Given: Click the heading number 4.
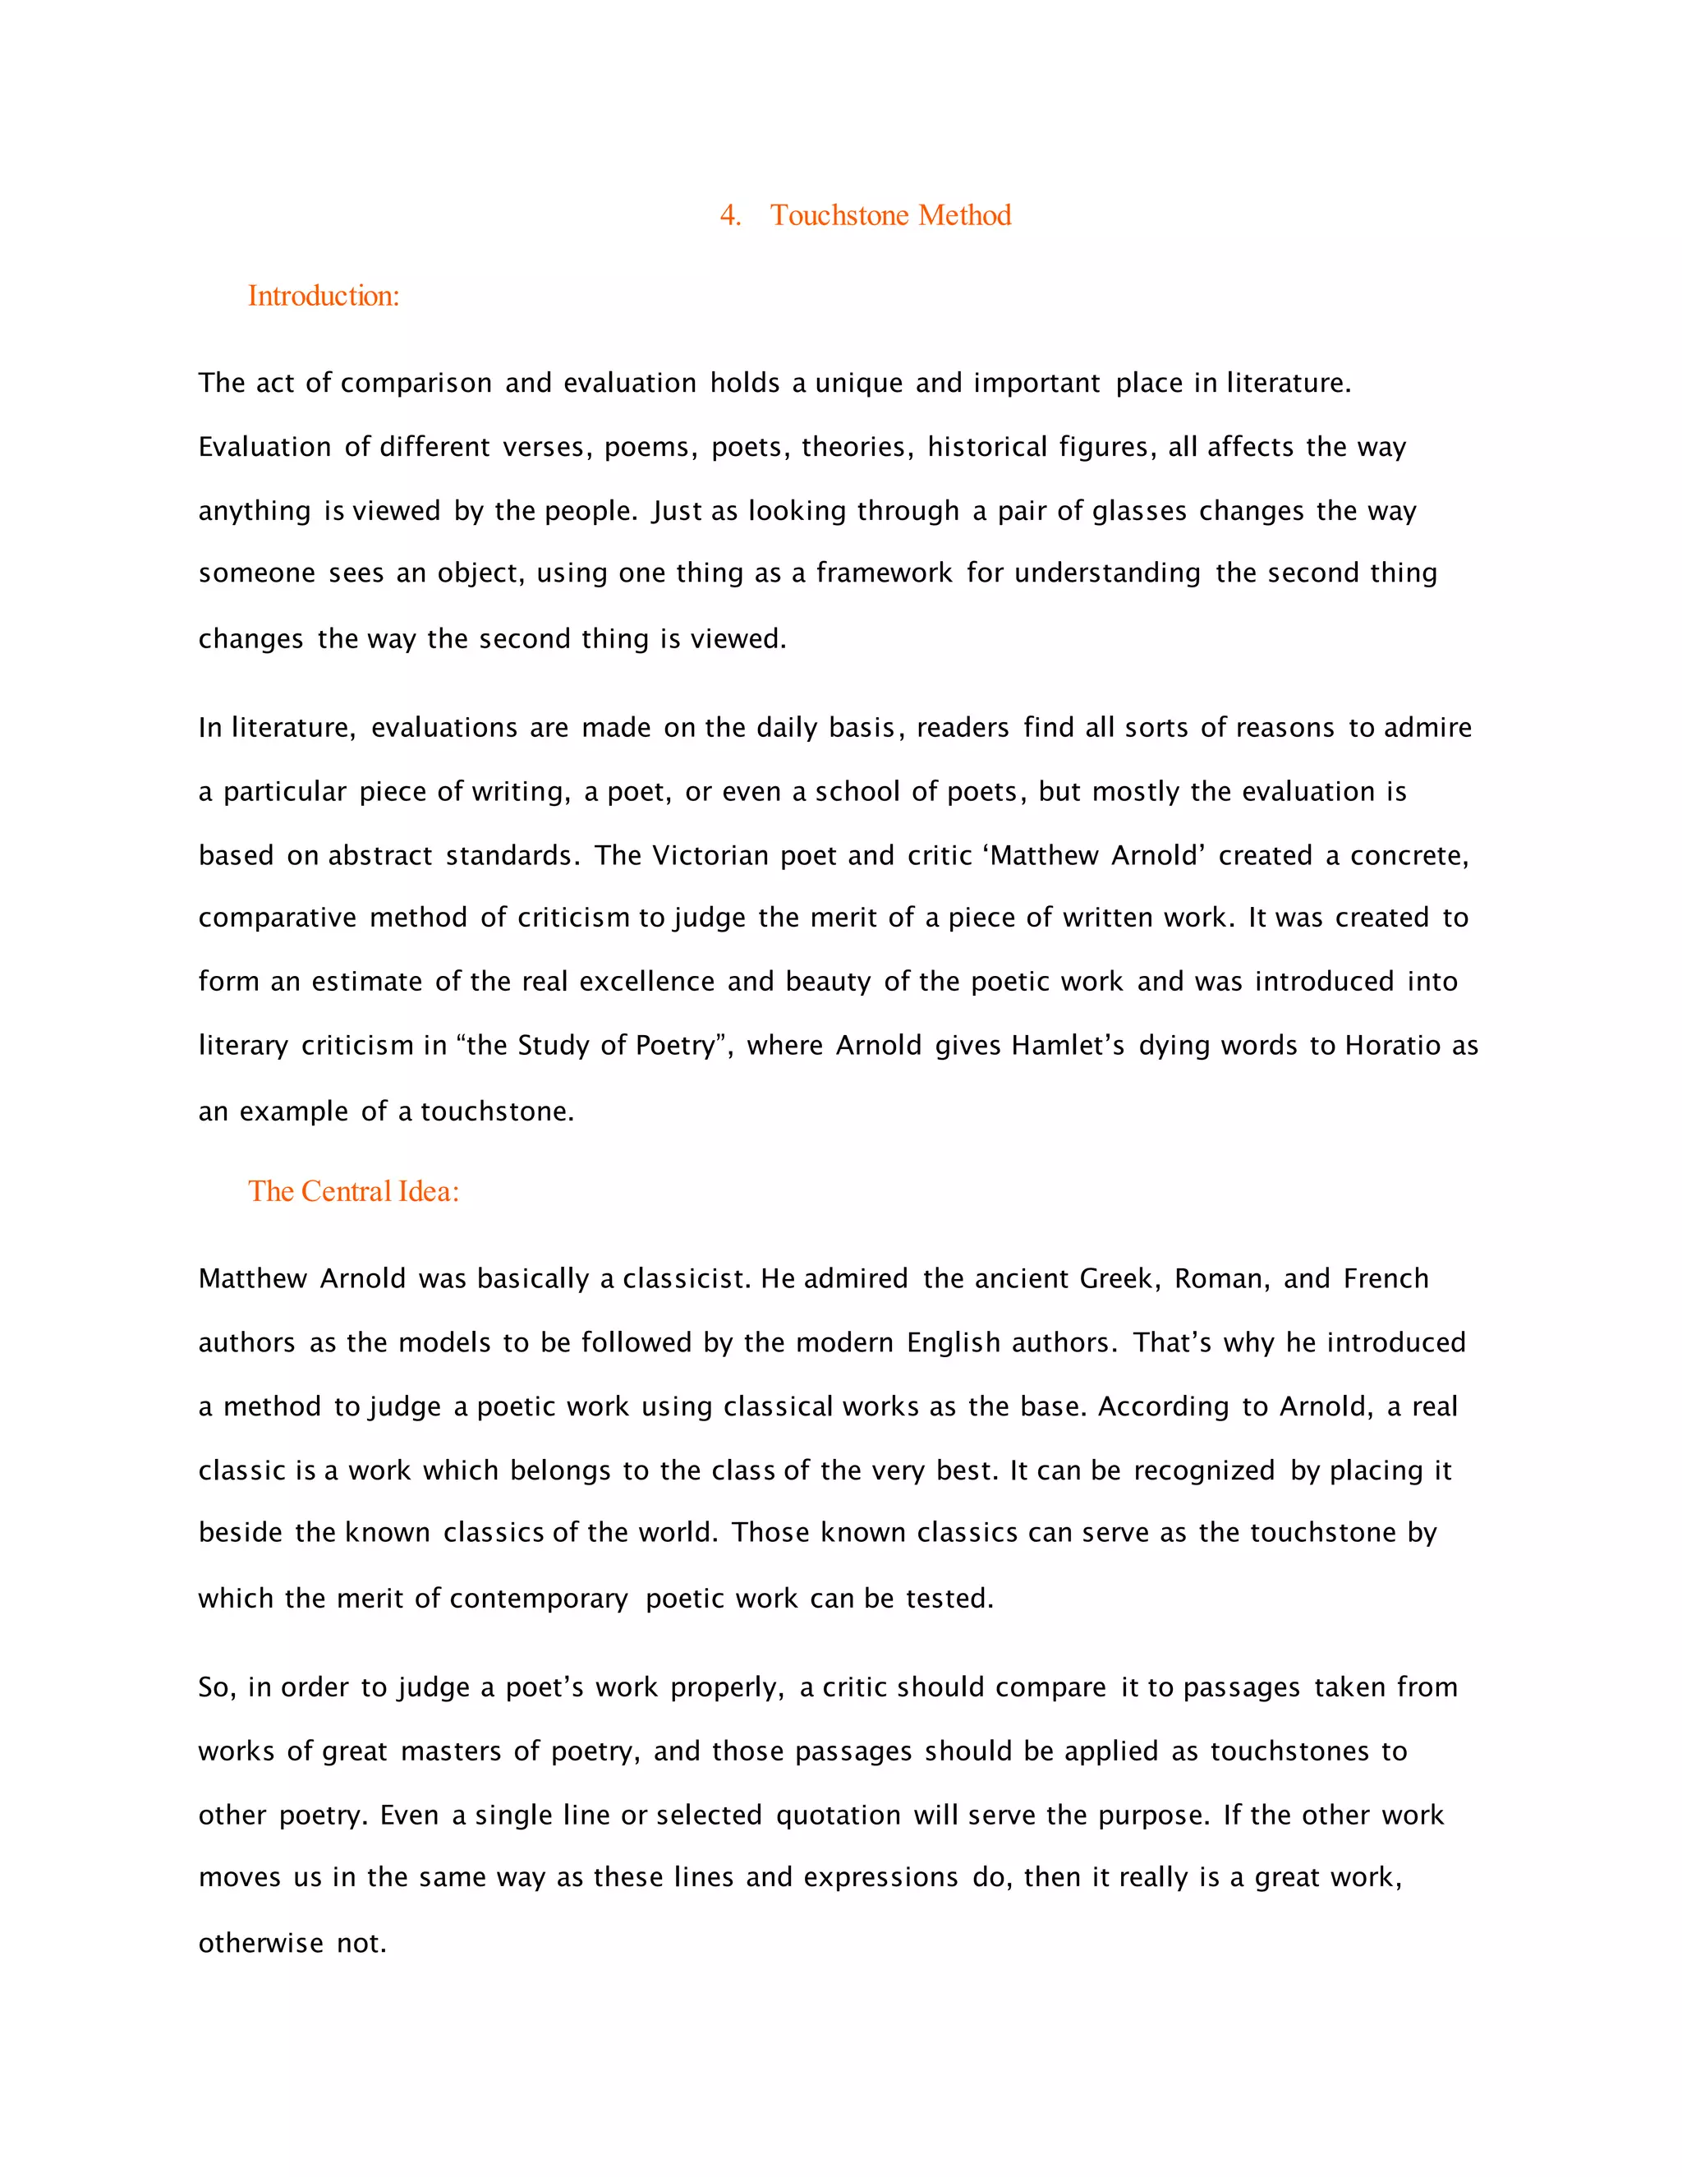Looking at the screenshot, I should pyautogui.click(x=730, y=215).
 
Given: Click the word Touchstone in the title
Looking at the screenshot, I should pyautogui.click(x=839, y=215).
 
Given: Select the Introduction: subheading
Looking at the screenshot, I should pyautogui.click(x=323, y=296).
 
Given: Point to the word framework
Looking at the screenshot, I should pyautogui.click(x=884, y=573).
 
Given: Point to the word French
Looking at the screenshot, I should pyautogui.click(x=1385, y=1279).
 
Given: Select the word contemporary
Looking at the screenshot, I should pyautogui.click(x=538, y=1599).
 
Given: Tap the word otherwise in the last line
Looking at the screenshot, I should pyautogui.click(x=260, y=1944).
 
